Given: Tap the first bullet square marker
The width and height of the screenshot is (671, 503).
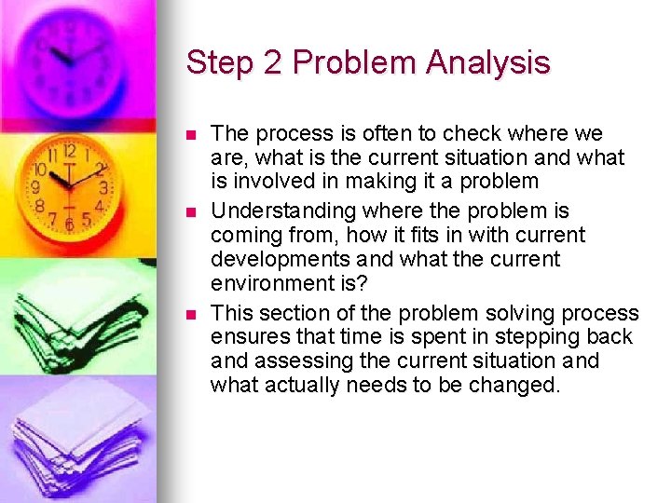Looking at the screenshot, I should tap(192, 135).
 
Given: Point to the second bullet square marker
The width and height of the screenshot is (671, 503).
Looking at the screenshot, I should tap(192, 211).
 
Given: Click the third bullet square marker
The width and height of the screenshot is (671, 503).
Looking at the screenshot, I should tap(192, 314).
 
